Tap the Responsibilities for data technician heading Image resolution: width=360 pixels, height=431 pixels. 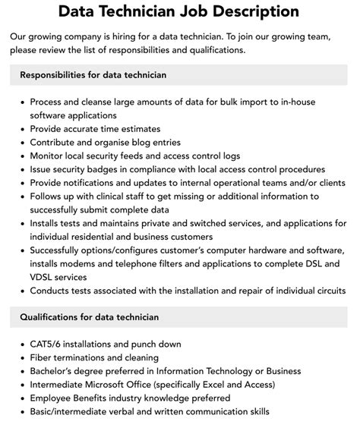[93, 75]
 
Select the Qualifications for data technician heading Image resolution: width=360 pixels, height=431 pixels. [89, 316]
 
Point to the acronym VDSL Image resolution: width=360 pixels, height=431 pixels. [46, 278]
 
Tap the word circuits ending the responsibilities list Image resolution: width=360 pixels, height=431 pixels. [324, 291]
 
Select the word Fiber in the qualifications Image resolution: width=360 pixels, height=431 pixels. [43, 357]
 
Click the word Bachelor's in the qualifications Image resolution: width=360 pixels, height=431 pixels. [55, 370]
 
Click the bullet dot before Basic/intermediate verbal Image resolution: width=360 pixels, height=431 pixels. [22, 411]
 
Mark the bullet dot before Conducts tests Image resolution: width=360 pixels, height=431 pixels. [22, 291]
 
